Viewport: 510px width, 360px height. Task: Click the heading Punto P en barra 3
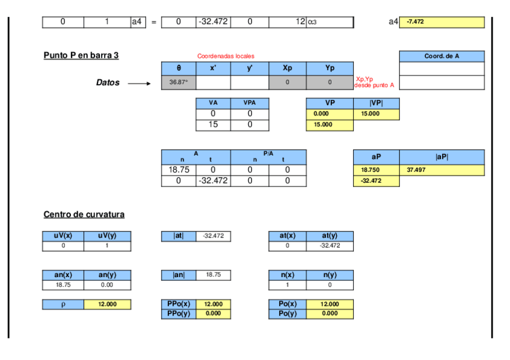tap(81, 55)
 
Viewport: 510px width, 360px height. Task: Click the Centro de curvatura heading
tap(84, 215)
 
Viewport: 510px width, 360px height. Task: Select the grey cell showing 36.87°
tap(179, 82)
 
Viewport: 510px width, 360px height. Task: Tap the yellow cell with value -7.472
tap(441, 22)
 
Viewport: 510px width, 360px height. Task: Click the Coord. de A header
tap(441, 56)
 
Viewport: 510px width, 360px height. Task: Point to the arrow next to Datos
tap(140, 84)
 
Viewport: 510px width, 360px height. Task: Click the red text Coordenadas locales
tap(226, 56)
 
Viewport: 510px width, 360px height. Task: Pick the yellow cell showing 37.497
tap(441, 170)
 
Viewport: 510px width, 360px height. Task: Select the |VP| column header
tap(376, 103)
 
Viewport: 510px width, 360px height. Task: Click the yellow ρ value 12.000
tap(107, 304)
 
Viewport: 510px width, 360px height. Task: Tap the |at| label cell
tap(179, 236)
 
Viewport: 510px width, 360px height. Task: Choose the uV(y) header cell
tap(107, 236)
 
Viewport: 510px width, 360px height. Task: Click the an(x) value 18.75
tap(63, 285)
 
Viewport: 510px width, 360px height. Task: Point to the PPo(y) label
tap(179, 314)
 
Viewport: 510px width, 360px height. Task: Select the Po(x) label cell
tap(287, 304)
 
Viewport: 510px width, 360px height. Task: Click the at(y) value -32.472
tap(330, 246)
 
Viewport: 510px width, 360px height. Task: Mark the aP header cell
tap(376, 156)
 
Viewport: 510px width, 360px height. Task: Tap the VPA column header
tap(248, 103)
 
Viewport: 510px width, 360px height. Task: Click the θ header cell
tap(179, 68)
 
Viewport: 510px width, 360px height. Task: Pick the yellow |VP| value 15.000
tap(376, 113)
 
